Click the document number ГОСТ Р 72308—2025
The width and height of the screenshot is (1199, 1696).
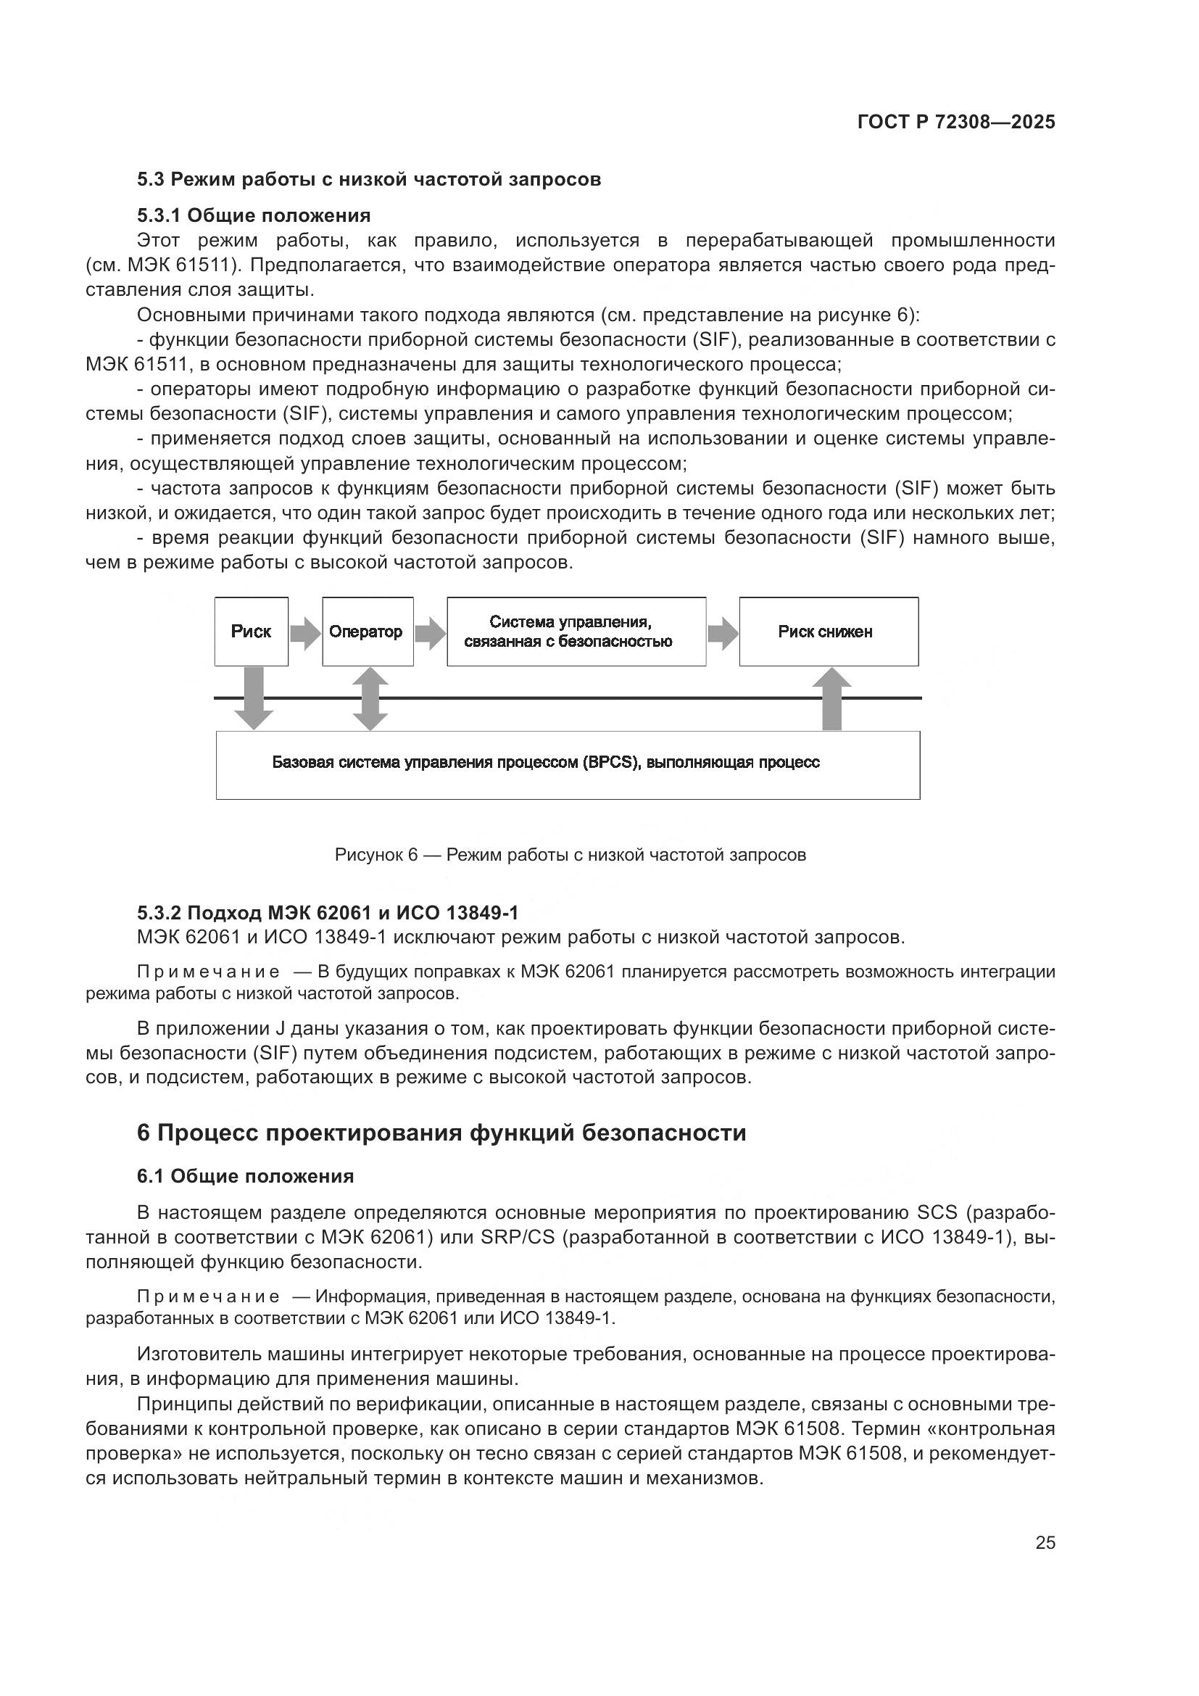click(x=956, y=123)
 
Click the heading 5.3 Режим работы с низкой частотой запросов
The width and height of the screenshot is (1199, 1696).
click(x=368, y=180)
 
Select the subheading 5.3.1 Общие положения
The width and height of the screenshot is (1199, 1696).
click(x=253, y=215)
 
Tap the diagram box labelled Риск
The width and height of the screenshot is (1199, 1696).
click(x=251, y=632)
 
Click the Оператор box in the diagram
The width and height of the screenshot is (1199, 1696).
click(x=367, y=632)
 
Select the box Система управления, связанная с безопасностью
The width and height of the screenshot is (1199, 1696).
click(x=576, y=632)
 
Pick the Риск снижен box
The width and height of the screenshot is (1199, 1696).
click(x=829, y=632)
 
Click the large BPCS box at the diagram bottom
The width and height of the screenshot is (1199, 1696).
click(x=567, y=764)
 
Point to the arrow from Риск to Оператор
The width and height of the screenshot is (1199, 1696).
click(x=305, y=633)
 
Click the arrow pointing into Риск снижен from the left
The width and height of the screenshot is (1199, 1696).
click(x=723, y=633)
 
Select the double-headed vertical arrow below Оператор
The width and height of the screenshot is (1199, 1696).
click(x=370, y=698)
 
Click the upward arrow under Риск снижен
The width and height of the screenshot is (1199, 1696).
click(x=831, y=698)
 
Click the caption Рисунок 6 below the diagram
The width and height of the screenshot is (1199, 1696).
click(x=570, y=856)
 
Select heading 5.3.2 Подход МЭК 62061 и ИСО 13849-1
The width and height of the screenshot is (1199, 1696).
click(x=327, y=914)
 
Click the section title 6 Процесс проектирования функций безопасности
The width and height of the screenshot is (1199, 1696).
click(x=441, y=1133)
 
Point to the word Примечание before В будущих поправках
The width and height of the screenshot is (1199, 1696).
click(x=208, y=972)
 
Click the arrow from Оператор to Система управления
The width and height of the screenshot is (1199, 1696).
click(x=430, y=633)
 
